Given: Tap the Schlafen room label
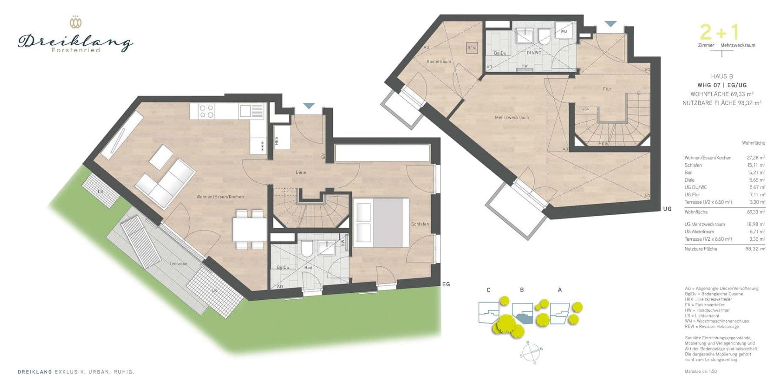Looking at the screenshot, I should pyautogui.click(x=420, y=224).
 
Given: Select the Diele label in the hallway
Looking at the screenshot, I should pyautogui.click(x=301, y=172).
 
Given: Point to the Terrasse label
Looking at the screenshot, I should pyautogui.click(x=178, y=264).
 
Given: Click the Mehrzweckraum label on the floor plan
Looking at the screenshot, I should pyautogui.click(x=512, y=118).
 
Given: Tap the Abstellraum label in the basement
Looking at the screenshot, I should pyautogui.click(x=438, y=62).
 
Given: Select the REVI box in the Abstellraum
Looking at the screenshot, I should pyautogui.click(x=472, y=48).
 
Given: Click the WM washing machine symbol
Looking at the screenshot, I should pyautogui.click(x=564, y=32).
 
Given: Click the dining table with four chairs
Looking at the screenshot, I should pyautogui.click(x=249, y=229).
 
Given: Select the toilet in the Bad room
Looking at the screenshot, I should pyautogui.click(x=307, y=249).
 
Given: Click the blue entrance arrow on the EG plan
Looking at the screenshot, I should pyautogui.click(x=309, y=106).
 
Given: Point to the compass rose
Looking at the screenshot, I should pyautogui.click(x=531, y=351).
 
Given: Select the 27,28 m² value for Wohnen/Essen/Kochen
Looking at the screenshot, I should pyautogui.click(x=756, y=158).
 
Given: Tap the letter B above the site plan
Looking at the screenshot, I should pyautogui.click(x=522, y=290).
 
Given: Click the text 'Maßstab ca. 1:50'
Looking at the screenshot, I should pyautogui.click(x=700, y=371).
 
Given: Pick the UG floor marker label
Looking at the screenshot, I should pyautogui.click(x=667, y=209).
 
